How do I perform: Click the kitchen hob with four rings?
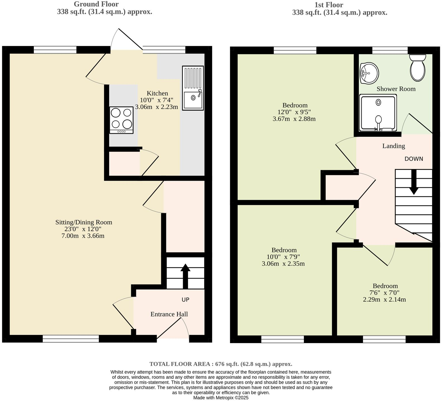coord(121,120)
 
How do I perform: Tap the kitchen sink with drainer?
coord(193,88)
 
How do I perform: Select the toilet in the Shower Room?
coord(418,68)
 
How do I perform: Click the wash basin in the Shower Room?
coord(369,73)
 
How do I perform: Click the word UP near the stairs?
coord(185,300)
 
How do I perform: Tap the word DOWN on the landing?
coord(414,159)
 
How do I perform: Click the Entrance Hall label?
coord(169,314)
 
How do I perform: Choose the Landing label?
coord(393,146)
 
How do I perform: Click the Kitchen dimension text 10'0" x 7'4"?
coord(157,100)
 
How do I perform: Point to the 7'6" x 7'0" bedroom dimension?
coord(385,293)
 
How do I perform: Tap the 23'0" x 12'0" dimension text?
coord(83,229)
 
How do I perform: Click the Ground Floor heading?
coord(96,4)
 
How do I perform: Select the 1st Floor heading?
coord(329,5)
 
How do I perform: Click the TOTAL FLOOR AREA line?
coord(221,364)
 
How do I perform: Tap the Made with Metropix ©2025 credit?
coord(221,398)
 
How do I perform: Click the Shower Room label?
coord(396,89)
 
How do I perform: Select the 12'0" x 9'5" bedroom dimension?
coord(295,112)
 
